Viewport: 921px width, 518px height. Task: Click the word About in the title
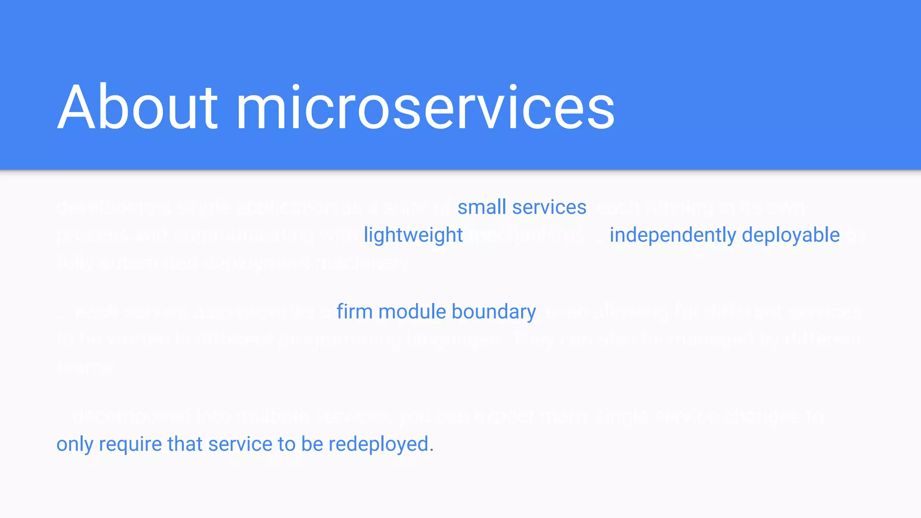point(138,107)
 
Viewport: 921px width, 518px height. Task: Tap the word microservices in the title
point(425,107)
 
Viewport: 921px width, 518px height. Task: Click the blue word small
point(482,207)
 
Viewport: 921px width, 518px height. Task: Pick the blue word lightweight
point(413,235)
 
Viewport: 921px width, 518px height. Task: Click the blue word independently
point(673,235)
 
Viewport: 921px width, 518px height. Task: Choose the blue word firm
point(354,312)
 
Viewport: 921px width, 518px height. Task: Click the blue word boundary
point(494,312)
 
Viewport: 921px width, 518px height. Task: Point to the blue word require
point(130,444)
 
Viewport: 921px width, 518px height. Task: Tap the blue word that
point(185,444)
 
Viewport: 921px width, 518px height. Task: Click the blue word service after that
point(240,444)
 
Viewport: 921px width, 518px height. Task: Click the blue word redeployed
point(379,444)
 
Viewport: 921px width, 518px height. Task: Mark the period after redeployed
point(432,450)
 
